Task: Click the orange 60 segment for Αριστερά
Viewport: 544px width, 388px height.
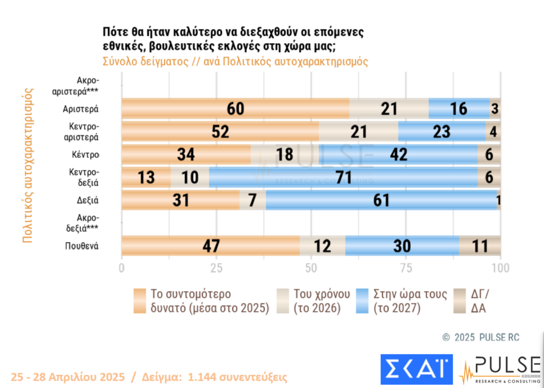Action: [235, 108]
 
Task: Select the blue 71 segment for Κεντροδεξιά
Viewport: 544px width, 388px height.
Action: [343, 178]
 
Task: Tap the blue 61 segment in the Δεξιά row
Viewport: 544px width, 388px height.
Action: [381, 200]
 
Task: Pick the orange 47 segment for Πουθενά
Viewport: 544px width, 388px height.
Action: [211, 246]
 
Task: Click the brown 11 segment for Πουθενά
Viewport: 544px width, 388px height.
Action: [480, 246]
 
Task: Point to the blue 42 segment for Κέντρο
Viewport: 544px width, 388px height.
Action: [398, 155]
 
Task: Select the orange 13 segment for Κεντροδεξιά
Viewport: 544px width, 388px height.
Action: [146, 178]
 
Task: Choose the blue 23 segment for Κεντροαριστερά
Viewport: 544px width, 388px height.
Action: [441, 131]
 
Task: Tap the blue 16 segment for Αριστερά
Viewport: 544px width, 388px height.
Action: [458, 108]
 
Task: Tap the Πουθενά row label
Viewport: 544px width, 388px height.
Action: [82, 246]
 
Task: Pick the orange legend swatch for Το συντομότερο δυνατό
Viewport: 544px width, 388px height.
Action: [140, 301]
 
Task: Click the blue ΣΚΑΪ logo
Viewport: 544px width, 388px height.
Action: [416, 368]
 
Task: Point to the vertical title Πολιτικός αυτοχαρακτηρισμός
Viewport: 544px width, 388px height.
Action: [28, 165]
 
